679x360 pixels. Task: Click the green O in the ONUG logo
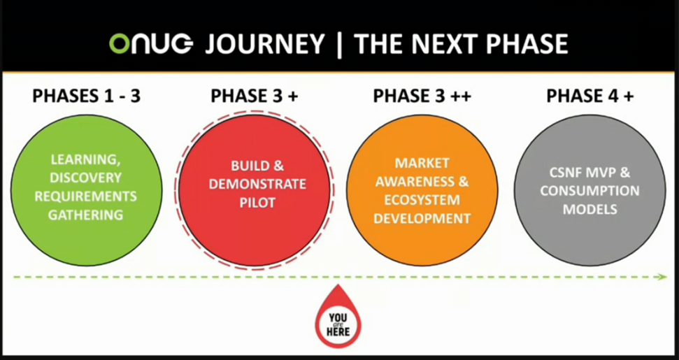(x=120, y=44)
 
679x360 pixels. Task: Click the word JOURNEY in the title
(x=264, y=44)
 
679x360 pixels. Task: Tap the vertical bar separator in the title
(x=339, y=44)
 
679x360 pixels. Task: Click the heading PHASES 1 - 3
(x=87, y=96)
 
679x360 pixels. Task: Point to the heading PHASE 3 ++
(x=422, y=96)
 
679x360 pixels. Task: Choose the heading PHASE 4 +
(x=589, y=96)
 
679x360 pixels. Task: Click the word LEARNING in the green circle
(x=86, y=159)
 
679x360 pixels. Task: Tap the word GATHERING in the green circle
(x=86, y=215)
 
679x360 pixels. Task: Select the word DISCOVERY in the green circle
(x=86, y=178)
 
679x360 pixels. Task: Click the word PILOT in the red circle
(x=257, y=203)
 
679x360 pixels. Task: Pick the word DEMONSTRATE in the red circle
(x=257, y=185)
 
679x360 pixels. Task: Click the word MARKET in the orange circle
(x=422, y=163)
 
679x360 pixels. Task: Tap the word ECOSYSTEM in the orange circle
(x=422, y=200)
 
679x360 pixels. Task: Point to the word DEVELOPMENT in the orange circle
(x=422, y=219)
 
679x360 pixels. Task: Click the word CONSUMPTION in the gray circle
(x=589, y=191)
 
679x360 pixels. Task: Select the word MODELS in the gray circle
(x=589, y=210)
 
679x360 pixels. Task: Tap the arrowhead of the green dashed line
(x=662, y=277)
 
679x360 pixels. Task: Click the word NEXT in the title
(x=446, y=44)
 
